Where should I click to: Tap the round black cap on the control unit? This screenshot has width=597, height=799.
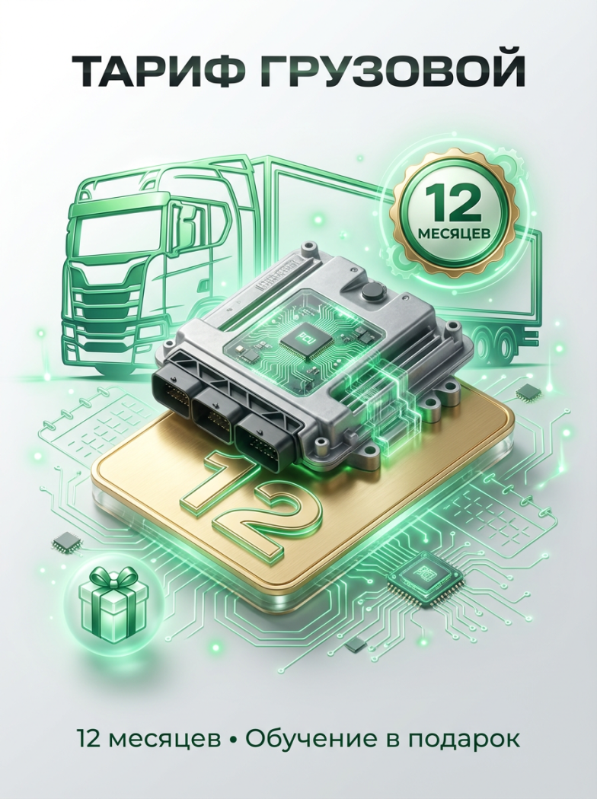click(371, 293)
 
